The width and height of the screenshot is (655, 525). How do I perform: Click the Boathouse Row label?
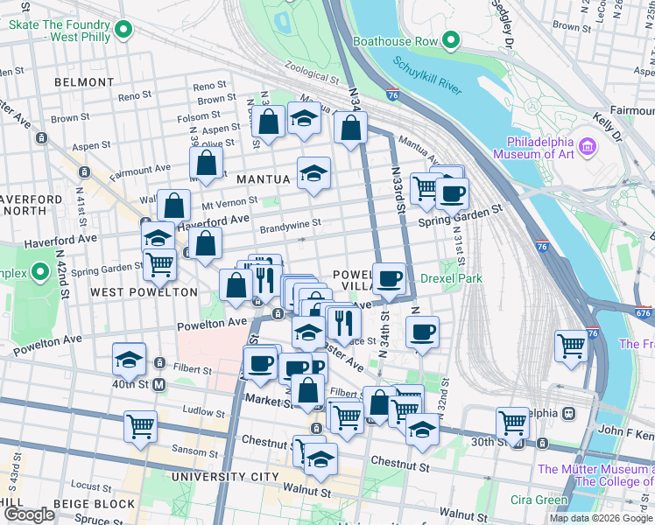393,41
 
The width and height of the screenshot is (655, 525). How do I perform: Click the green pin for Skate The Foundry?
124,30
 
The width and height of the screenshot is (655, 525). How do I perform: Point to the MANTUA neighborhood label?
263,179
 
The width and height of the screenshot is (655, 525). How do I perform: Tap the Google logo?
29,514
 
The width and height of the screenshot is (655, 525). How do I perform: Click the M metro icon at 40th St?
159,384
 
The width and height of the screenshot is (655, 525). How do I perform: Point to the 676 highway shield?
644,312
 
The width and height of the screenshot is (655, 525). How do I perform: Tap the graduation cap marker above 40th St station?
128,360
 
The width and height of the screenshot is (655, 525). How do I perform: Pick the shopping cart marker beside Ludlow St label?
140,427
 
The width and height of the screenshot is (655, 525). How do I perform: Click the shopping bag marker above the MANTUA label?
206,163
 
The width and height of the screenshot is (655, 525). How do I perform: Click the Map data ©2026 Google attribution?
600,518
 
